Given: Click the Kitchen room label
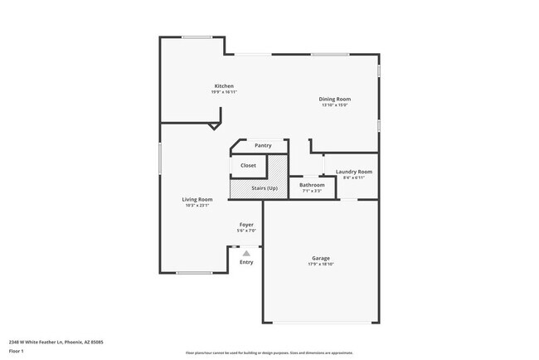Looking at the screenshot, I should click(x=224, y=86).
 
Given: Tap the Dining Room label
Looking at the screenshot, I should click(x=335, y=100).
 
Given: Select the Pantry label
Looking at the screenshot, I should click(x=263, y=146).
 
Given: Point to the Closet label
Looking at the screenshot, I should click(x=248, y=166).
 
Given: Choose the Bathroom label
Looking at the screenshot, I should click(x=312, y=185).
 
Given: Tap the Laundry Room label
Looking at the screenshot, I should click(x=354, y=172).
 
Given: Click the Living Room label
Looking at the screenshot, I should click(x=198, y=199).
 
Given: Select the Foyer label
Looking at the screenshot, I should click(x=246, y=225).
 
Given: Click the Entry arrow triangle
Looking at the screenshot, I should click(x=246, y=253).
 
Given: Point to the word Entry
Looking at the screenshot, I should click(x=246, y=263).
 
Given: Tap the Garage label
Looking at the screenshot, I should click(x=321, y=258).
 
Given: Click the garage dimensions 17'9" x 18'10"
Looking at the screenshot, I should click(x=321, y=265).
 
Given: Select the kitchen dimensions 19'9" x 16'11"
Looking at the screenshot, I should click(x=224, y=92).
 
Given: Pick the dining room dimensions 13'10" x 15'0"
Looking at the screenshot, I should click(x=335, y=105).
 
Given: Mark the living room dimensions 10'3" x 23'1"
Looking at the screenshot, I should click(x=198, y=206).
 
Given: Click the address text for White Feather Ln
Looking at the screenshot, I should click(x=56, y=341).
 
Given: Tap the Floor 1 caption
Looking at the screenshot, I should click(x=17, y=350).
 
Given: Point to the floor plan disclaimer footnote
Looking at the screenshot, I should click(x=269, y=353).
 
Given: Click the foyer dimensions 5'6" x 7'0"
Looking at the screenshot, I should click(x=246, y=231).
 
